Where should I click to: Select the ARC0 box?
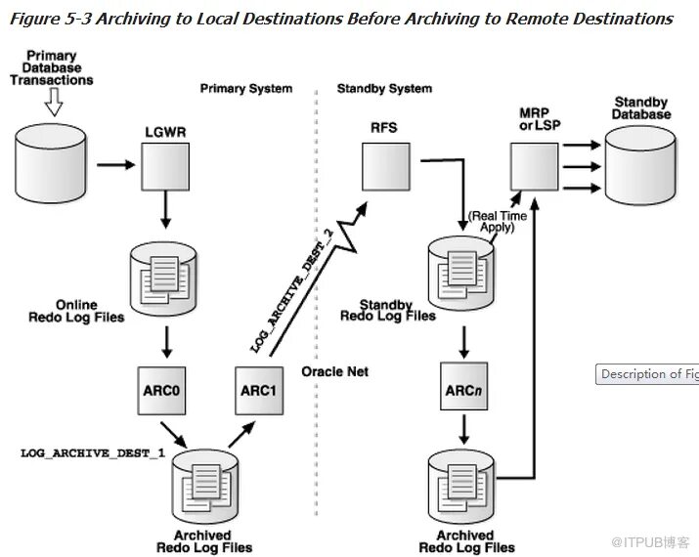pos(166,387)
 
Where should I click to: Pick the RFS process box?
pos(385,165)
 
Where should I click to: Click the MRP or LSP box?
pos(534,165)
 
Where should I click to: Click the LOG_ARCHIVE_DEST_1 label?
pos(93,453)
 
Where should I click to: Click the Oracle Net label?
pos(335,371)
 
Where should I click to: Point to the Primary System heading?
pos(245,88)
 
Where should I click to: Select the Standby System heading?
pos(384,88)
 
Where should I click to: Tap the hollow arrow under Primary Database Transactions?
pos(54,99)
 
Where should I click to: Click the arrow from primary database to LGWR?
pos(115,165)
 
